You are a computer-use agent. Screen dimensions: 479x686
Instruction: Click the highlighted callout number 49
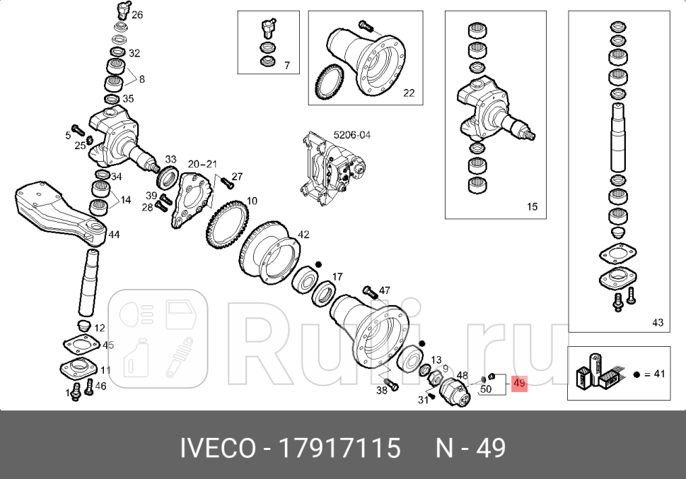520,384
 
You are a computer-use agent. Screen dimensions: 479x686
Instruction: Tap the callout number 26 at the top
136,14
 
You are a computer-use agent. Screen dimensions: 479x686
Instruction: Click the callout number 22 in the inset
409,93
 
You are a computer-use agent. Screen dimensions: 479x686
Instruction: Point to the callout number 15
532,207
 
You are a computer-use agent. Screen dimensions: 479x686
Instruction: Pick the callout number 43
658,322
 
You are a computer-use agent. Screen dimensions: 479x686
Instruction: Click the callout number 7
287,65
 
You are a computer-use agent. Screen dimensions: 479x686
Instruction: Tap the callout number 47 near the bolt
385,290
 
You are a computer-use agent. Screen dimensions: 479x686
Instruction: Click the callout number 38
383,390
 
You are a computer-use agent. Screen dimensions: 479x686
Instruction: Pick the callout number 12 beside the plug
100,328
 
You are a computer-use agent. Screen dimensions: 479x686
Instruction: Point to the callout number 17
337,276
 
